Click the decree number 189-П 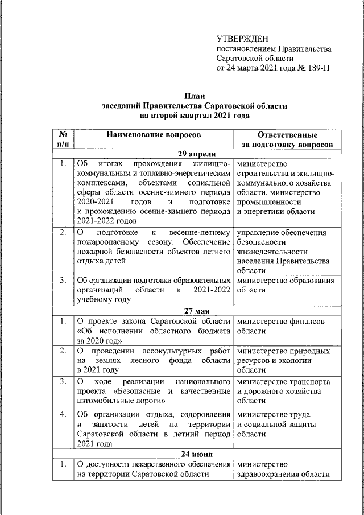tap(317, 68)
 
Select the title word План tap(195, 96)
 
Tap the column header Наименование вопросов tap(153, 135)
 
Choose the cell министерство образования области tap(285, 285)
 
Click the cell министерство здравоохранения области tap(283, 469)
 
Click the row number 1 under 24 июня tap(63, 464)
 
